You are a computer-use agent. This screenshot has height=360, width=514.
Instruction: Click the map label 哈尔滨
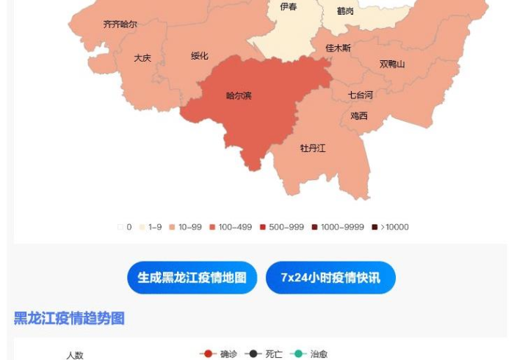click(x=239, y=96)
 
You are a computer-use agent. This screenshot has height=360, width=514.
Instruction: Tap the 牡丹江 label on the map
click(x=313, y=148)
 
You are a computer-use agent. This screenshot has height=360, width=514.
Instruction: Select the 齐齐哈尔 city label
click(x=120, y=24)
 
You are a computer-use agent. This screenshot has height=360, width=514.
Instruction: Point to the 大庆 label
click(x=142, y=58)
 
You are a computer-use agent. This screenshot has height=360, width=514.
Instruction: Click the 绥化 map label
click(x=200, y=56)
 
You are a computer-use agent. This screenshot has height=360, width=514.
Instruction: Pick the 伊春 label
click(x=289, y=7)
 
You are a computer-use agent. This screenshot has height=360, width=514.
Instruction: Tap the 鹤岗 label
click(x=345, y=11)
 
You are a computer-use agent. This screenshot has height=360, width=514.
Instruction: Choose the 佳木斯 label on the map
click(x=339, y=48)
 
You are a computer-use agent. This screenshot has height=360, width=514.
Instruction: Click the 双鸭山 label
click(x=392, y=64)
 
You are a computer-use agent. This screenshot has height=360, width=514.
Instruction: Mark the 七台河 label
click(x=361, y=95)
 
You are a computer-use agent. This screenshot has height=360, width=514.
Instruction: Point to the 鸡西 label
click(x=359, y=116)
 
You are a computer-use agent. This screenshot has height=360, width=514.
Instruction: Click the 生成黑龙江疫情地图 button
click(x=192, y=278)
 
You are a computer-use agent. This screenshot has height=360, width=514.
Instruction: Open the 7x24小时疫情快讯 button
click(x=330, y=278)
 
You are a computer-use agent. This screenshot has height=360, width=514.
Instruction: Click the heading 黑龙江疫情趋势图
click(x=69, y=318)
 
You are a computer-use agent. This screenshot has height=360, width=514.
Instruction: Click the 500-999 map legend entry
click(x=282, y=227)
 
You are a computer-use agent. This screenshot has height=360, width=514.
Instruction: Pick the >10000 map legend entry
click(x=391, y=227)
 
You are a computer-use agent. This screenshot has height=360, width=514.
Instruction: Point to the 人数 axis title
click(x=75, y=355)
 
